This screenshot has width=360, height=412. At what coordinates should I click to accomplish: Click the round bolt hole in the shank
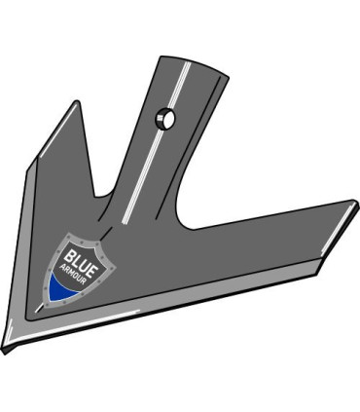[x=165, y=119]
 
